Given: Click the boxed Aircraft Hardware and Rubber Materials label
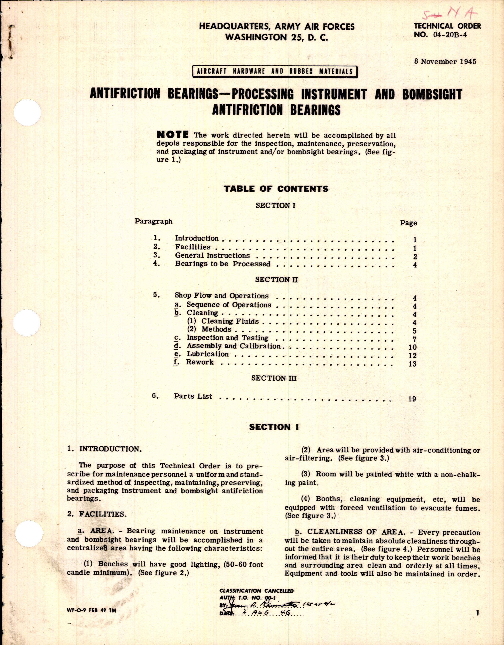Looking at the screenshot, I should (275, 71).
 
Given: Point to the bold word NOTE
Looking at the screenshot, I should (173, 135).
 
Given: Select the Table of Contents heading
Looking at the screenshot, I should (276, 189).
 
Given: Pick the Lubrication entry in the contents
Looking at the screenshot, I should (207, 354).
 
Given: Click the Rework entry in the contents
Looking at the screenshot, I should (199, 362).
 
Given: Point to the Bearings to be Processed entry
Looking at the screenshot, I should (222, 264).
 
